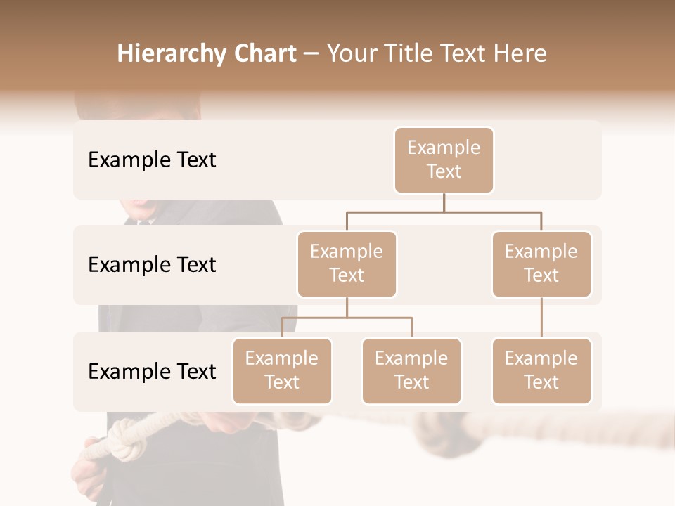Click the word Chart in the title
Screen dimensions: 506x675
[x=262, y=54]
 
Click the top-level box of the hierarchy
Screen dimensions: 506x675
[x=444, y=160]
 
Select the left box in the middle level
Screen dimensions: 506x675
[x=347, y=264]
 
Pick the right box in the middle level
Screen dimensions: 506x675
[x=541, y=264]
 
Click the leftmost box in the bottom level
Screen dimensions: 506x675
[x=282, y=370]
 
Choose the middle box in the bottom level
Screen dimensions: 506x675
[x=411, y=370]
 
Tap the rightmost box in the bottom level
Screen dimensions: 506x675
[x=541, y=370]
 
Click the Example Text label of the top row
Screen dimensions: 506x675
[x=152, y=160]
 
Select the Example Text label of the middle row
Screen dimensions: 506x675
[x=152, y=265]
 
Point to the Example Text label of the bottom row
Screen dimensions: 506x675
[x=152, y=372]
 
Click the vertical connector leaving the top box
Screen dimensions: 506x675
[x=444, y=202]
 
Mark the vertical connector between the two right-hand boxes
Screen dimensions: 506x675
[x=541, y=318]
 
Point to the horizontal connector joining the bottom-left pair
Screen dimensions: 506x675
[x=347, y=318]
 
